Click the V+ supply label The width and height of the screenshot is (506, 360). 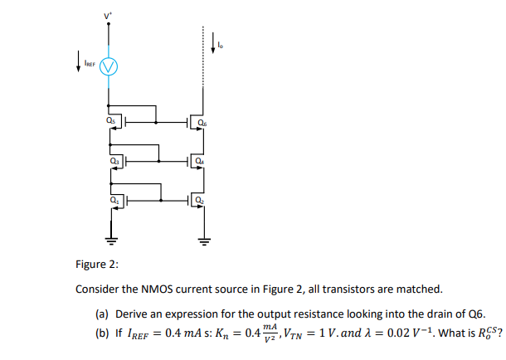pos(106,15)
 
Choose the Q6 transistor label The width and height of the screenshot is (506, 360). pos(203,124)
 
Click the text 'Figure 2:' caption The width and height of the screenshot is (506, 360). pos(97,265)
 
